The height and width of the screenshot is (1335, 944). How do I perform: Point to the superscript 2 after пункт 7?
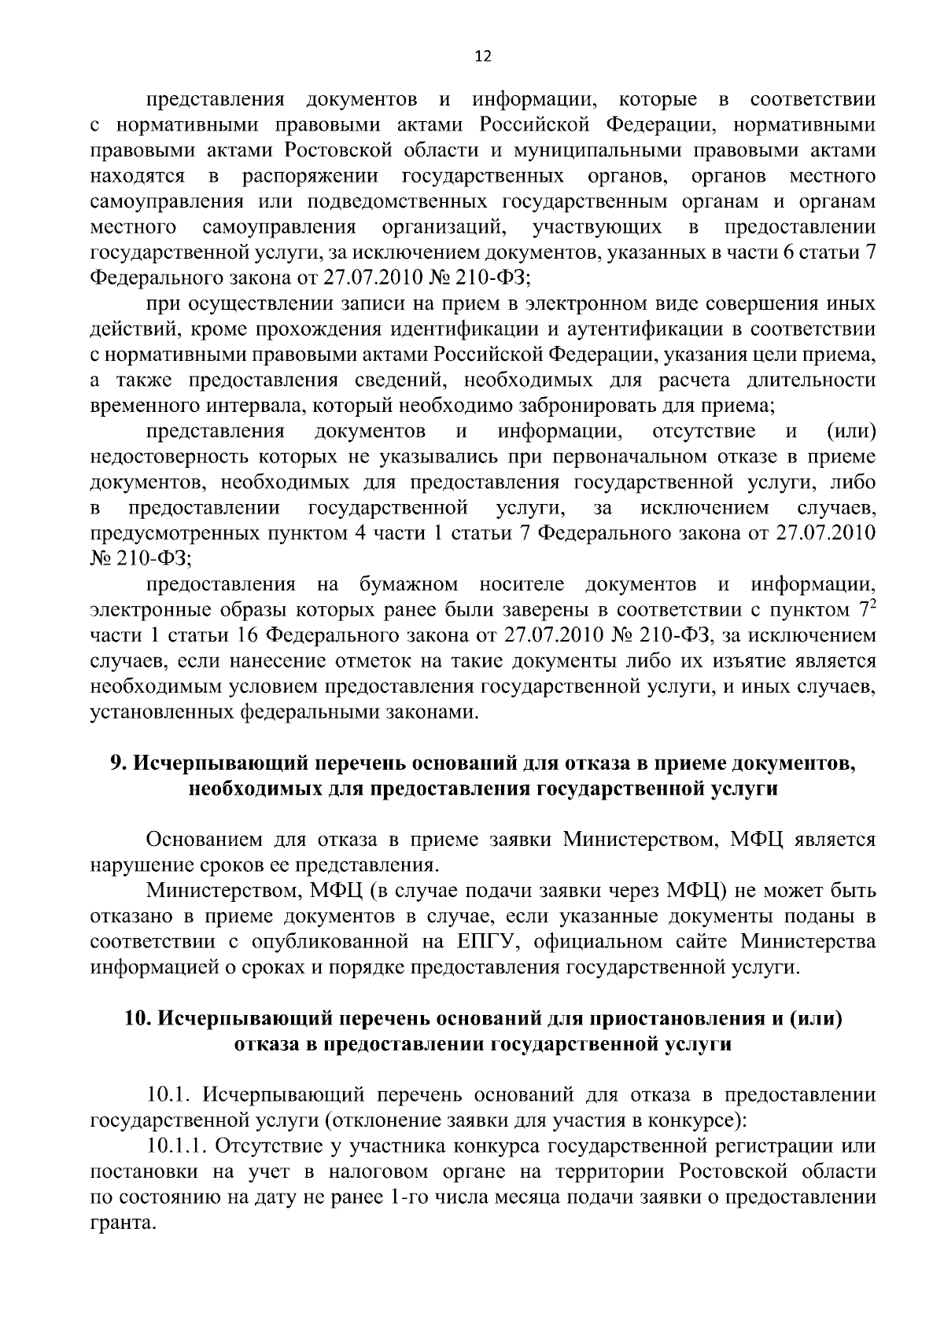tap(872, 604)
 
